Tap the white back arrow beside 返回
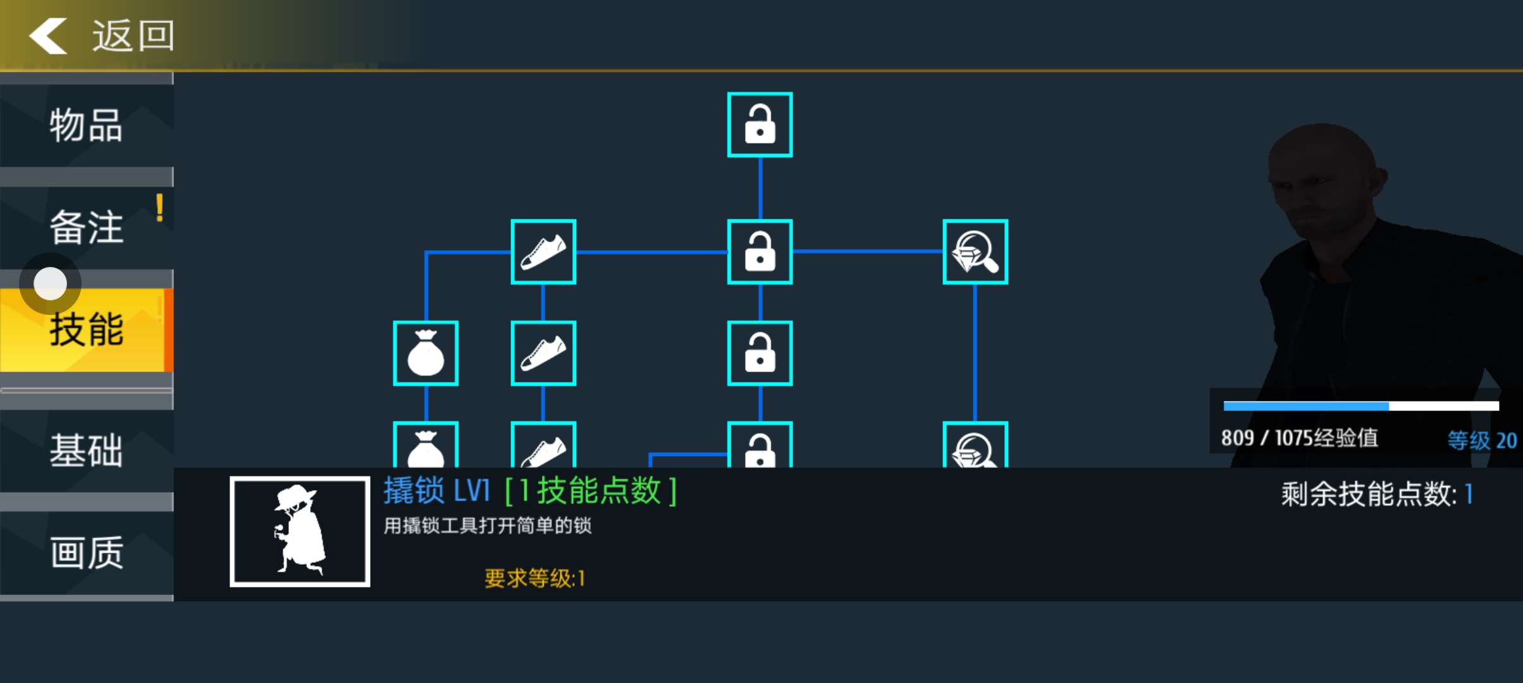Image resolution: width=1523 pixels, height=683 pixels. (x=48, y=35)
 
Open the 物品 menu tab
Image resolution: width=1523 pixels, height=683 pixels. (x=86, y=125)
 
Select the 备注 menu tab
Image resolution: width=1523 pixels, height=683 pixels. (x=86, y=227)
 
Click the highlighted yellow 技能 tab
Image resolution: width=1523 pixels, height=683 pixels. (x=86, y=330)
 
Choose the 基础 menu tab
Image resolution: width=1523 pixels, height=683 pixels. (x=86, y=450)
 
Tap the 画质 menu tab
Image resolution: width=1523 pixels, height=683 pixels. (x=86, y=553)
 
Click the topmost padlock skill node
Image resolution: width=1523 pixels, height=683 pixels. (x=760, y=125)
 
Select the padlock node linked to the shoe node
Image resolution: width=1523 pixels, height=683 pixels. (x=760, y=252)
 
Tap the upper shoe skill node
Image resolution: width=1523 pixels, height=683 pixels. (x=543, y=252)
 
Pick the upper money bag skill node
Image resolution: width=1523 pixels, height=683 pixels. (x=426, y=353)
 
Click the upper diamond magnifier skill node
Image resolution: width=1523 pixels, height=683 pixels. (x=975, y=252)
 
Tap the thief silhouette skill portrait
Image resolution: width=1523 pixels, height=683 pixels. (x=300, y=531)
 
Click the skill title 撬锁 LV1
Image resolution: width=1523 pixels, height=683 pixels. (x=436, y=491)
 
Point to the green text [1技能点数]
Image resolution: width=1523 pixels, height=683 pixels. (x=591, y=491)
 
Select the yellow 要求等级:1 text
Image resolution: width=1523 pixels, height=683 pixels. (x=534, y=578)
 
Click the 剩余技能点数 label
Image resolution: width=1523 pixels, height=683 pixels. (x=1369, y=494)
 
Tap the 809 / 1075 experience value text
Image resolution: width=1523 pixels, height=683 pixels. (x=1299, y=438)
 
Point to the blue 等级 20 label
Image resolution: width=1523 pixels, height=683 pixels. (x=1482, y=440)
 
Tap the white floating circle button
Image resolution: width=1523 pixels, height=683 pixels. (x=50, y=283)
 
